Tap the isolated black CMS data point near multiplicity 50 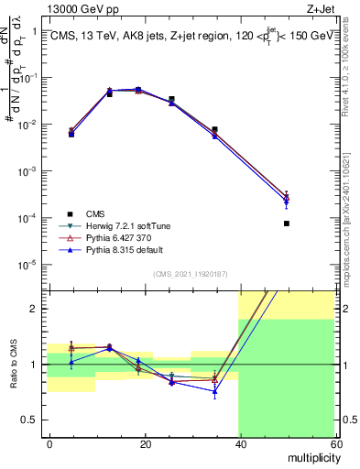287,224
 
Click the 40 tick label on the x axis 239,443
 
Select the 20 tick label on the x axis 145,443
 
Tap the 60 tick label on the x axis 333,443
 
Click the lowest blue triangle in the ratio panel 214,392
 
